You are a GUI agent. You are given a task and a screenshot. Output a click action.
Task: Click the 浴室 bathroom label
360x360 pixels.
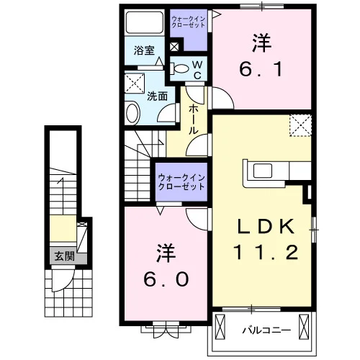[144, 50]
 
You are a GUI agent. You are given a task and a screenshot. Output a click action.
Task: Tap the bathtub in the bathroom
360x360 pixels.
[144, 22]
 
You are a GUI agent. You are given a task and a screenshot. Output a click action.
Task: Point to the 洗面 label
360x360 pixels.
[157, 96]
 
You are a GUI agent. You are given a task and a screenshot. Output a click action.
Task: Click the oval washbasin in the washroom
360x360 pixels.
[133, 113]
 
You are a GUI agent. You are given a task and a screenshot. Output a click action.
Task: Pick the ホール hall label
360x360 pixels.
[194, 120]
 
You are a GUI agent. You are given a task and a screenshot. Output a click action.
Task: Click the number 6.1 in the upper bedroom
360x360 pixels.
[261, 69]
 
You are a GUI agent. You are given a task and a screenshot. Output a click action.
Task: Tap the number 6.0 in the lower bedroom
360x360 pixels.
[166, 279]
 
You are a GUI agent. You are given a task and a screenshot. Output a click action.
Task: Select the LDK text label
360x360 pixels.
[266, 226]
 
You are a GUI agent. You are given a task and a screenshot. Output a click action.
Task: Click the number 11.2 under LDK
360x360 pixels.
[266, 252]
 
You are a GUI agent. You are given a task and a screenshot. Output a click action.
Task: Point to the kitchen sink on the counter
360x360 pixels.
[263, 171]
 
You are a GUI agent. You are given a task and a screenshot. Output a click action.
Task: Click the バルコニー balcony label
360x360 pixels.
[266, 330]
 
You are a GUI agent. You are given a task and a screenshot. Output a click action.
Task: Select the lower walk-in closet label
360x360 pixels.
[181, 182]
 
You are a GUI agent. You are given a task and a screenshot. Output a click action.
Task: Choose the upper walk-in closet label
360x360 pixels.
[189, 22]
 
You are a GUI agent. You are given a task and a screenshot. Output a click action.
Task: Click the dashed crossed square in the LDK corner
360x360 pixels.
[300, 126]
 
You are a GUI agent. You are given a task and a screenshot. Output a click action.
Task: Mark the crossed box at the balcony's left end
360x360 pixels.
[220, 327]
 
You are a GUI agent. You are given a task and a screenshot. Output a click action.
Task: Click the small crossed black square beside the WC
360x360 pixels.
[174, 47]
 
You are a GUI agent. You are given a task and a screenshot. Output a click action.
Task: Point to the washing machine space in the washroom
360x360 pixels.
[135, 84]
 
